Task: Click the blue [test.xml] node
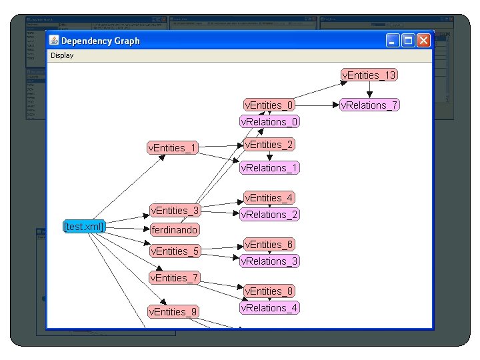click(x=84, y=227)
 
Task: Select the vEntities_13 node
click(x=369, y=75)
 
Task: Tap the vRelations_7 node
click(x=369, y=105)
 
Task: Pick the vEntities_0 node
click(x=269, y=105)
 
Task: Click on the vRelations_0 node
click(x=269, y=122)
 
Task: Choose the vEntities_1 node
click(x=172, y=148)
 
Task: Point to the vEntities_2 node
click(x=269, y=145)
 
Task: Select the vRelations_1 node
click(x=269, y=168)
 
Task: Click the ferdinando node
click(x=174, y=230)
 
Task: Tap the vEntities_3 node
click(x=174, y=211)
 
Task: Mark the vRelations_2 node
click(x=269, y=215)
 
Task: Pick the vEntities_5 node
click(x=174, y=251)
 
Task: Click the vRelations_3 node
click(x=269, y=261)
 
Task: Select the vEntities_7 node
click(x=174, y=278)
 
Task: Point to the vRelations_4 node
click(x=269, y=308)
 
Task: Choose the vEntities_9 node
click(x=173, y=311)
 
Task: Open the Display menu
click(x=62, y=56)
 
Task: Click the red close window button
click(x=423, y=41)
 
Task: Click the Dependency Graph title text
click(x=101, y=41)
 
